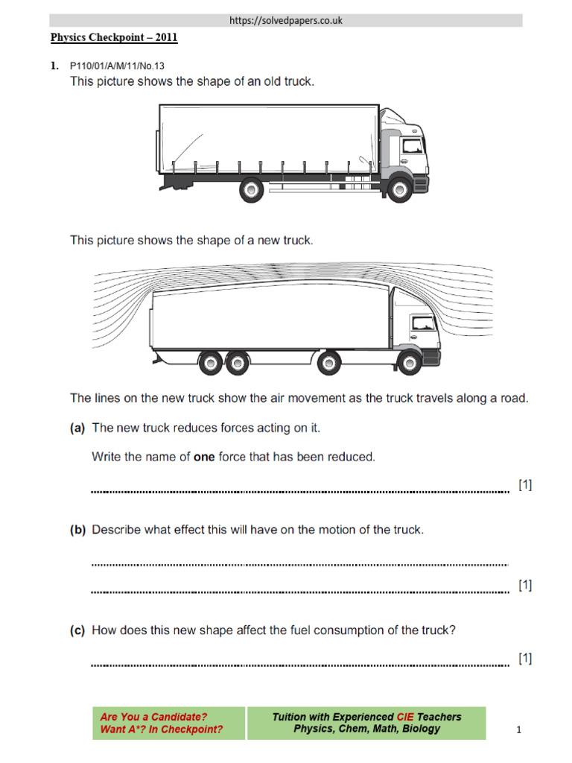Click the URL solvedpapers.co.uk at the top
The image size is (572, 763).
tap(286, 20)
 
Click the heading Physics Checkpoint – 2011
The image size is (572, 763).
tap(114, 37)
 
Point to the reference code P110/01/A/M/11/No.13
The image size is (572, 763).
tap(116, 66)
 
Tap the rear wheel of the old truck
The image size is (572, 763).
tap(252, 190)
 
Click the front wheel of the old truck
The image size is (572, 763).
tap(398, 188)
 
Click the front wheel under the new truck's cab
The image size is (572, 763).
tap(407, 363)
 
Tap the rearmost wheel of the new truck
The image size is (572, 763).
tap(209, 364)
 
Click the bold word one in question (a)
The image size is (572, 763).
tap(204, 457)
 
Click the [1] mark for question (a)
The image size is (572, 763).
tap(525, 485)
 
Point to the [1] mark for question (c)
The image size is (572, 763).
tap(525, 658)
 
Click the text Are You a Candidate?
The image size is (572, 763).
tap(154, 717)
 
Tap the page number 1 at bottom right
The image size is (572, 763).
tap(519, 731)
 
